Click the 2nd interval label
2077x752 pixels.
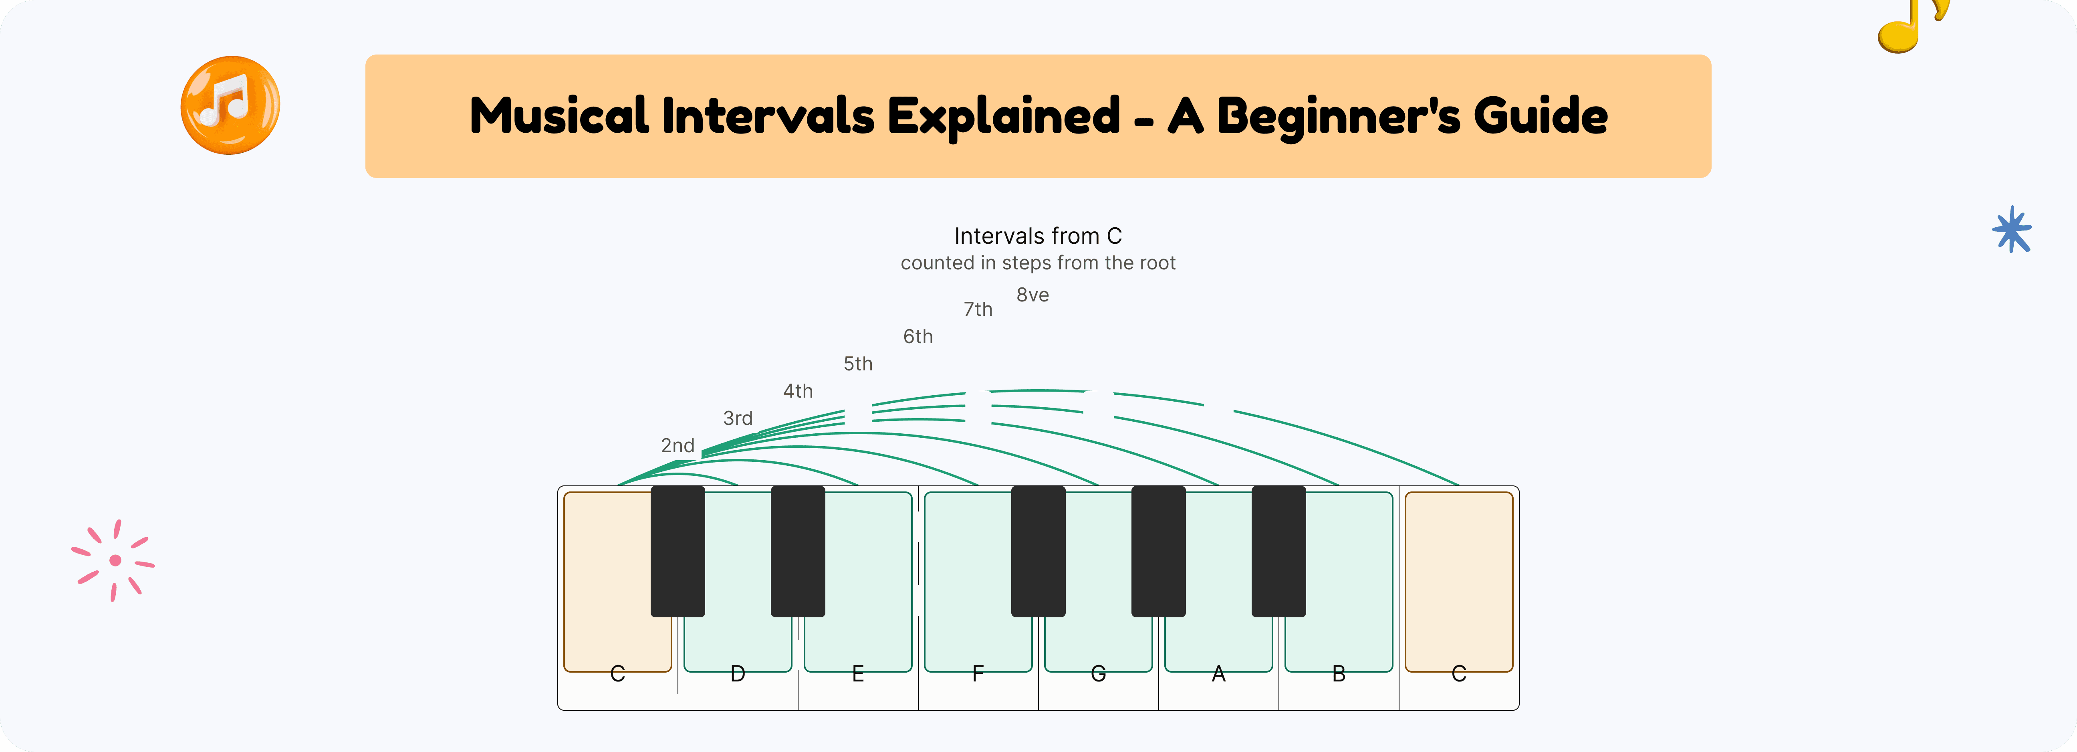click(677, 445)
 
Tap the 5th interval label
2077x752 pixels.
click(858, 364)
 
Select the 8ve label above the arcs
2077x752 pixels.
click(1032, 295)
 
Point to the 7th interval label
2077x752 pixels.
click(978, 309)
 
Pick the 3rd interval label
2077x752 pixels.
click(738, 418)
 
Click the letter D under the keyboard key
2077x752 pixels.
click(738, 674)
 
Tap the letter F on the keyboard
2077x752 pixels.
click(978, 674)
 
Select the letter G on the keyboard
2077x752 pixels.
click(1098, 674)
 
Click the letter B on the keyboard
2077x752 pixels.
click(1339, 674)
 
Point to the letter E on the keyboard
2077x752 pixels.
click(858, 674)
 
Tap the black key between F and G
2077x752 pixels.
click(1038, 551)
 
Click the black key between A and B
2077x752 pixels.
click(1279, 551)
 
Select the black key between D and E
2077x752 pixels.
click(798, 551)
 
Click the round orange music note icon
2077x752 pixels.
click(231, 105)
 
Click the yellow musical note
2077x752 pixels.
click(1911, 24)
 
